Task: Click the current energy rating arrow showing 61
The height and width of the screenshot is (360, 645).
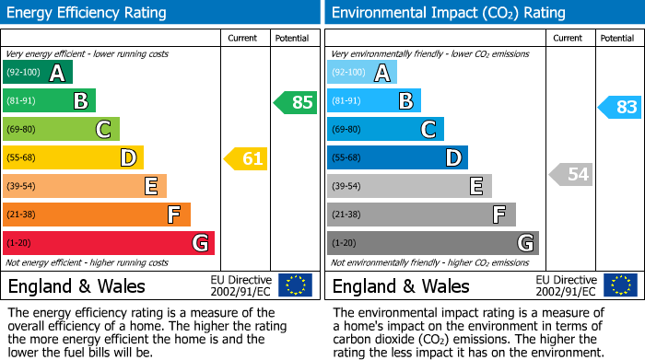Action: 246,158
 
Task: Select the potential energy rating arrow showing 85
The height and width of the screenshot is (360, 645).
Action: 296,102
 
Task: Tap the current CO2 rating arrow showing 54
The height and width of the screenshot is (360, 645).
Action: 571,174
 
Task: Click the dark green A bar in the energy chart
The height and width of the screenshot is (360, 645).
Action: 38,73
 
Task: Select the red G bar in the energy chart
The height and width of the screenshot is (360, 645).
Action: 109,243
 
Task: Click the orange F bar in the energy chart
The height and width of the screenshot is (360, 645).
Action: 97,215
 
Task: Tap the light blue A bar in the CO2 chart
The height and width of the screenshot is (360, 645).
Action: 362,73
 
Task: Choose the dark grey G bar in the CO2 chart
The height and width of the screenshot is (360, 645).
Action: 433,243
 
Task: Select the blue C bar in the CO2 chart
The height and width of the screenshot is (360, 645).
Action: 385,129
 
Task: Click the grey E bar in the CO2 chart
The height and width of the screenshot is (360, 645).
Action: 409,186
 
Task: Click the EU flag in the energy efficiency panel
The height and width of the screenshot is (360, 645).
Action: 295,285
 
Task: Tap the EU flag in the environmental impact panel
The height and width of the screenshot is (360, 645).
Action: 620,285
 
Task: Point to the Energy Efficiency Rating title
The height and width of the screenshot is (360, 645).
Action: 88,13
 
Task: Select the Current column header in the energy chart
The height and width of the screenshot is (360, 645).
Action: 244,38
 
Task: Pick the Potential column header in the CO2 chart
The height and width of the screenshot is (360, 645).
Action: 617,38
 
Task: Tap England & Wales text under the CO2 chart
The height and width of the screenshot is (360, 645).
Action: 401,285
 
